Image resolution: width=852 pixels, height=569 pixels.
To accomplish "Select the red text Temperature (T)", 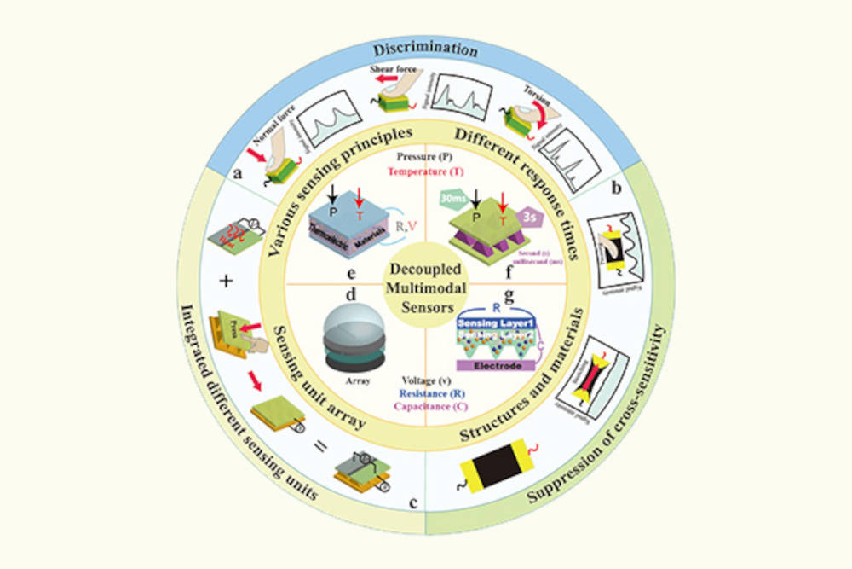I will tap(424, 171).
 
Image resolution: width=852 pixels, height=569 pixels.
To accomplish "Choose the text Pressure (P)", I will tap(424, 159).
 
